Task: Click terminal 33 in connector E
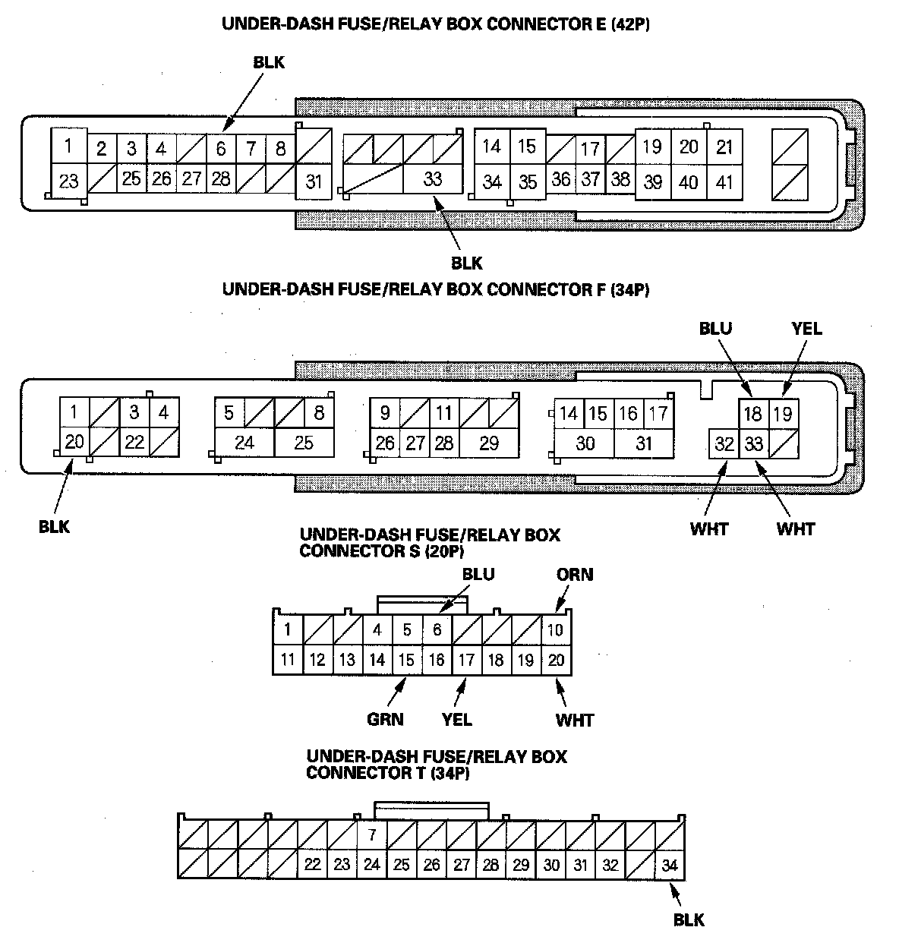tap(432, 179)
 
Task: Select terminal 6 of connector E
tap(221, 149)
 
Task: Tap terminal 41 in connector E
tap(725, 182)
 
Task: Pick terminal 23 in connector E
tap(68, 181)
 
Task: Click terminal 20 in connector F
tap(74, 441)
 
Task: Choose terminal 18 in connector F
tap(753, 414)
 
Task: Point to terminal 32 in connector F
tap(724, 443)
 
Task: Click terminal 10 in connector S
tap(556, 629)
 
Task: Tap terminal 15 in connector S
tap(407, 660)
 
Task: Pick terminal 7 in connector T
tap(371, 835)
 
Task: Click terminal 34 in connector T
tap(669, 865)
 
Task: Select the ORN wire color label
tap(575, 574)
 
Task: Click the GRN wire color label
tap(385, 718)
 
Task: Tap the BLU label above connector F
tap(715, 328)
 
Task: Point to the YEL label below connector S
tap(456, 718)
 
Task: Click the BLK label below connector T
tap(689, 920)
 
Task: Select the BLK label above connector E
tap(269, 63)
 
